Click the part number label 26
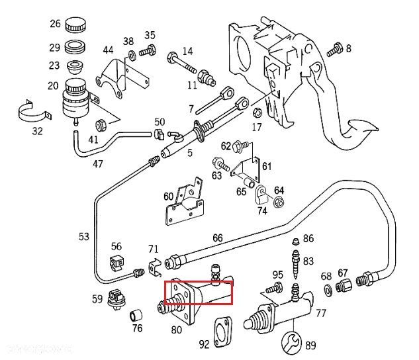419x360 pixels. coord(55,24)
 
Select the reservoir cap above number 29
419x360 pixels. coord(75,25)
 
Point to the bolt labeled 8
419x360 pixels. coord(336,48)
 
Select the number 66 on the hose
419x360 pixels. coord(217,239)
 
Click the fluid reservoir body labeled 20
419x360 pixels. coord(74,100)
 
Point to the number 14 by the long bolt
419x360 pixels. coord(187,51)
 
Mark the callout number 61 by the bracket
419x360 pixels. coord(267,165)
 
